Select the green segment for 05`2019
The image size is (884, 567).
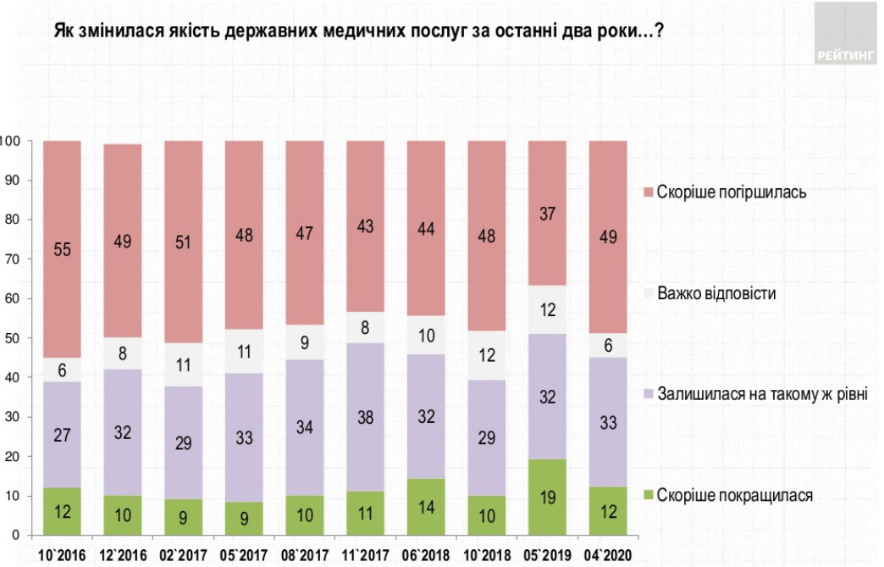pos(548,498)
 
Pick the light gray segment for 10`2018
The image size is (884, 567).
pos(487,355)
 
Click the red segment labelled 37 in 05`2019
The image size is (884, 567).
pos(548,213)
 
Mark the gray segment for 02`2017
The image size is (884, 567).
pos(184,364)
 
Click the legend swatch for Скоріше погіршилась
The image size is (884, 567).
pos(649,192)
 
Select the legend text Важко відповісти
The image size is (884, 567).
pos(720,293)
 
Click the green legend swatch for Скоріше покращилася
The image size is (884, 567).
pos(649,496)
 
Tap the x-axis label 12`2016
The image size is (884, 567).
pos(122,556)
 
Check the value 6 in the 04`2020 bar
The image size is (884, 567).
pos(608,346)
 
